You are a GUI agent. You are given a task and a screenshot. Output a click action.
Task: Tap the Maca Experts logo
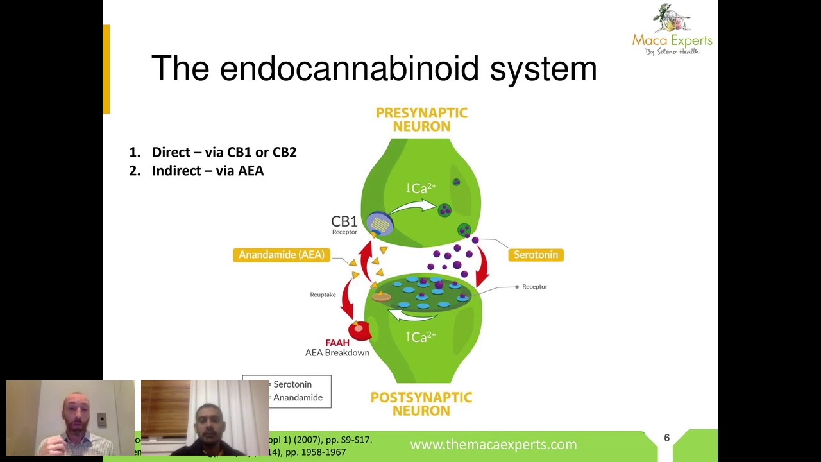672,30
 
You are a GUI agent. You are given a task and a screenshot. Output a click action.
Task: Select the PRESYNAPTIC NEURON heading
421,120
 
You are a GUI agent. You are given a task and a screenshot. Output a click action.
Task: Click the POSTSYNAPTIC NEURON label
421,404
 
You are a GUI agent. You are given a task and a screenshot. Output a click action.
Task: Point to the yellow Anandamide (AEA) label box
281,255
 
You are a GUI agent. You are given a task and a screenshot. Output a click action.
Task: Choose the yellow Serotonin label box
536,255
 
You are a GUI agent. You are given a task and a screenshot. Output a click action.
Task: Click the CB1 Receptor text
344,224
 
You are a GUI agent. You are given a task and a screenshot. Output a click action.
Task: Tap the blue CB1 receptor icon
380,223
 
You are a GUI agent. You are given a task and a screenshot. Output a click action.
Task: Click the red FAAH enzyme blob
359,330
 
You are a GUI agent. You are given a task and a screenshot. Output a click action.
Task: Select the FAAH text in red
337,343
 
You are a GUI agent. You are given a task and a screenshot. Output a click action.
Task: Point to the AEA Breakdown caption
337,353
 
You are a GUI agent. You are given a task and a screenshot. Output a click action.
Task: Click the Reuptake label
323,295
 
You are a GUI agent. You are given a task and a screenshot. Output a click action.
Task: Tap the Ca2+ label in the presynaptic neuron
421,188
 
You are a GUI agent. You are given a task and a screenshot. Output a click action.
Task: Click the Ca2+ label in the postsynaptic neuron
421,337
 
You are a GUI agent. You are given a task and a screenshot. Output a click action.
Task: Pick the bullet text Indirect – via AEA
208,171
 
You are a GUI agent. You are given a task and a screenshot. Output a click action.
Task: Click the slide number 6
666,438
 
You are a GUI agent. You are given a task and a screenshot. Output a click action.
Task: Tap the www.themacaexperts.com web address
493,444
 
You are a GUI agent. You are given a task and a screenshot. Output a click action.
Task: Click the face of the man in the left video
72,411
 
